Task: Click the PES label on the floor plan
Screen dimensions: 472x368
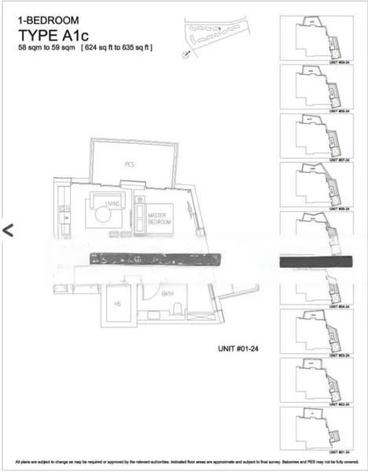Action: tap(131, 164)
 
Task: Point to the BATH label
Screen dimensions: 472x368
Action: tap(167, 293)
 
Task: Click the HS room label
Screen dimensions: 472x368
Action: tap(117, 304)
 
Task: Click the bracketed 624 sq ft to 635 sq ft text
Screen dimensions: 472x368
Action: tap(118, 49)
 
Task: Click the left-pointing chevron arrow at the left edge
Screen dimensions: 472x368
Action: tap(9, 230)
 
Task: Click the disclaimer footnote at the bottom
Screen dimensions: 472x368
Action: tap(184, 461)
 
